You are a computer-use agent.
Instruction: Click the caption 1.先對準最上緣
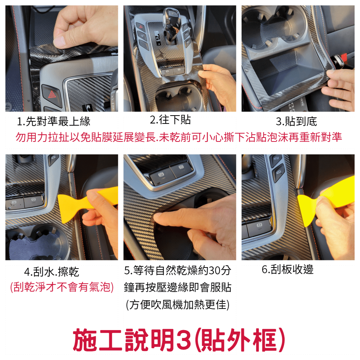click(x=54, y=121)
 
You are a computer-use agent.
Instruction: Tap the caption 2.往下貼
click(x=170, y=120)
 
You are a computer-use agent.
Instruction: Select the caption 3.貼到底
click(x=296, y=121)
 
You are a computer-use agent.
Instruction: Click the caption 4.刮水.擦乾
click(x=51, y=272)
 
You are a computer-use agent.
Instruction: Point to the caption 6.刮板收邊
click(x=288, y=269)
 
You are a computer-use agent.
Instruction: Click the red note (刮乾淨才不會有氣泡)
click(x=62, y=287)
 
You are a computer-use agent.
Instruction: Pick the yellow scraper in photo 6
click(x=324, y=199)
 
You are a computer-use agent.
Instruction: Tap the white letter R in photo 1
click(x=88, y=107)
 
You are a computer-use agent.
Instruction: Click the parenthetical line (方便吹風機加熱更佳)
click(x=177, y=305)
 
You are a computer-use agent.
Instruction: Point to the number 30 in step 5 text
click(x=215, y=271)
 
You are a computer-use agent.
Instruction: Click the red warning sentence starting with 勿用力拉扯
click(x=179, y=137)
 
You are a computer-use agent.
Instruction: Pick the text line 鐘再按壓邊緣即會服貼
click(x=177, y=287)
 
